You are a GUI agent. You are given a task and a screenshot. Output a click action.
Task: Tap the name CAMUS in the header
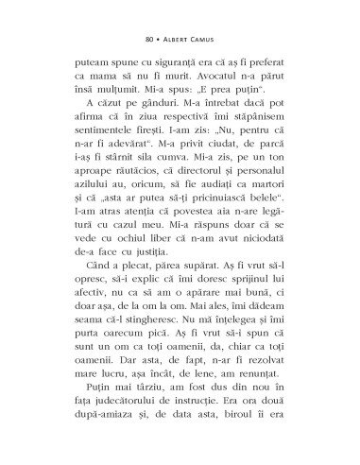[208, 41]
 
